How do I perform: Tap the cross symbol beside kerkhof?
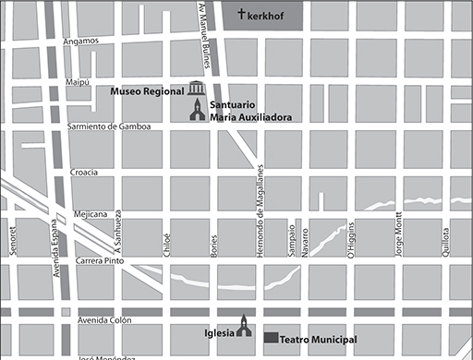242,14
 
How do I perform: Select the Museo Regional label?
147,92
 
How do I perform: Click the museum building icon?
196,89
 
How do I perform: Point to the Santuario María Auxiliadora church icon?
196,111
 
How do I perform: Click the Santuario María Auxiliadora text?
244,112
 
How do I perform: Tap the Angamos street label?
80,42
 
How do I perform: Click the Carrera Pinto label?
102,261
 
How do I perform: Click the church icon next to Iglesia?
243,327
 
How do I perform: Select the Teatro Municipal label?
318,340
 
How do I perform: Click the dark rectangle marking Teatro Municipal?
271,339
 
